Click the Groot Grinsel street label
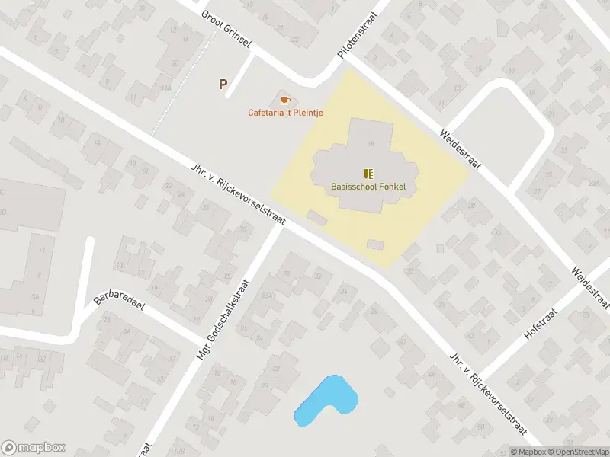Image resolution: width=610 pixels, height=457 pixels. (x=226, y=29)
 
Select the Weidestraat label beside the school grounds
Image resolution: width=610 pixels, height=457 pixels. (x=459, y=149)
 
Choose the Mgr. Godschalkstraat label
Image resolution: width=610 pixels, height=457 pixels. (x=222, y=313)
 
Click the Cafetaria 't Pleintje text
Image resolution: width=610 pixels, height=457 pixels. (x=286, y=113)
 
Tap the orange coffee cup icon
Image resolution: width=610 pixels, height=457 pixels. (x=286, y=100)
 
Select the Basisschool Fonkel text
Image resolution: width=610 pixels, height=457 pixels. (x=368, y=187)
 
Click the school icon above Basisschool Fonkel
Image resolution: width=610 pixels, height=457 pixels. (x=368, y=174)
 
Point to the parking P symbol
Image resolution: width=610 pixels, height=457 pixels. (x=223, y=85)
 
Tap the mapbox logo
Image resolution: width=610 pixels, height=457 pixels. (x=34, y=448)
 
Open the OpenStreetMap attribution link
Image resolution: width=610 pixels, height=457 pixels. (x=578, y=452)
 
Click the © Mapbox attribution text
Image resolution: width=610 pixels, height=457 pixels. (x=528, y=452)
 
